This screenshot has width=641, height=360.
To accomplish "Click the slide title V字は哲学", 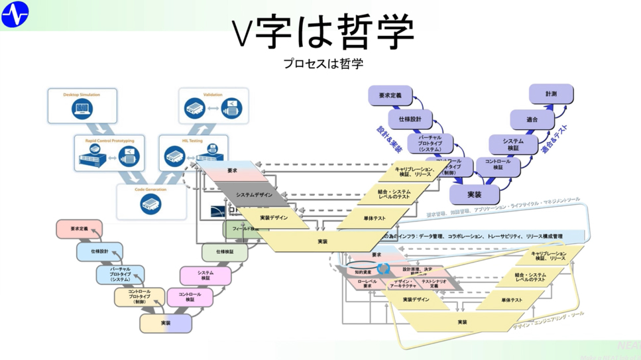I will click(323, 31).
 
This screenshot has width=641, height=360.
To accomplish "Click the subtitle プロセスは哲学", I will click(323, 64).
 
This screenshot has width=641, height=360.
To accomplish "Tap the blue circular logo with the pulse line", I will click(15, 14).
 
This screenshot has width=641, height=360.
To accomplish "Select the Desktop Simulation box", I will click(82, 106).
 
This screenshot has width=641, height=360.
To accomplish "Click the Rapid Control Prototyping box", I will click(109, 153).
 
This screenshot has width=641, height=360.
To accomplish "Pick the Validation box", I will click(213, 105).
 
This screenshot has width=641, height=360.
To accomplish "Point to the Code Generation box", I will click(150, 201).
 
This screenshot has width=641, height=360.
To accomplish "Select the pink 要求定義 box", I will click(79, 229).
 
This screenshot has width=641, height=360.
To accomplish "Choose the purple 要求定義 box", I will click(390, 96).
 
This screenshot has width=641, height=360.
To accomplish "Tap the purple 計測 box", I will click(551, 94).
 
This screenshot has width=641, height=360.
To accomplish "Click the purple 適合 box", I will click(532, 119).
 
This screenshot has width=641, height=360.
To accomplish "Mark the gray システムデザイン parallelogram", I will click(254, 195).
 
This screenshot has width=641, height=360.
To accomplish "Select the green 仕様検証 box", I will click(225, 252).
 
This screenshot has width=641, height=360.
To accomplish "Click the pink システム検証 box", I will click(205, 275).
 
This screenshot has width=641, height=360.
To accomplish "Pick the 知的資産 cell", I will click(362, 272).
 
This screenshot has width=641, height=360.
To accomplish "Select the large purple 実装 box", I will click(475, 194).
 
